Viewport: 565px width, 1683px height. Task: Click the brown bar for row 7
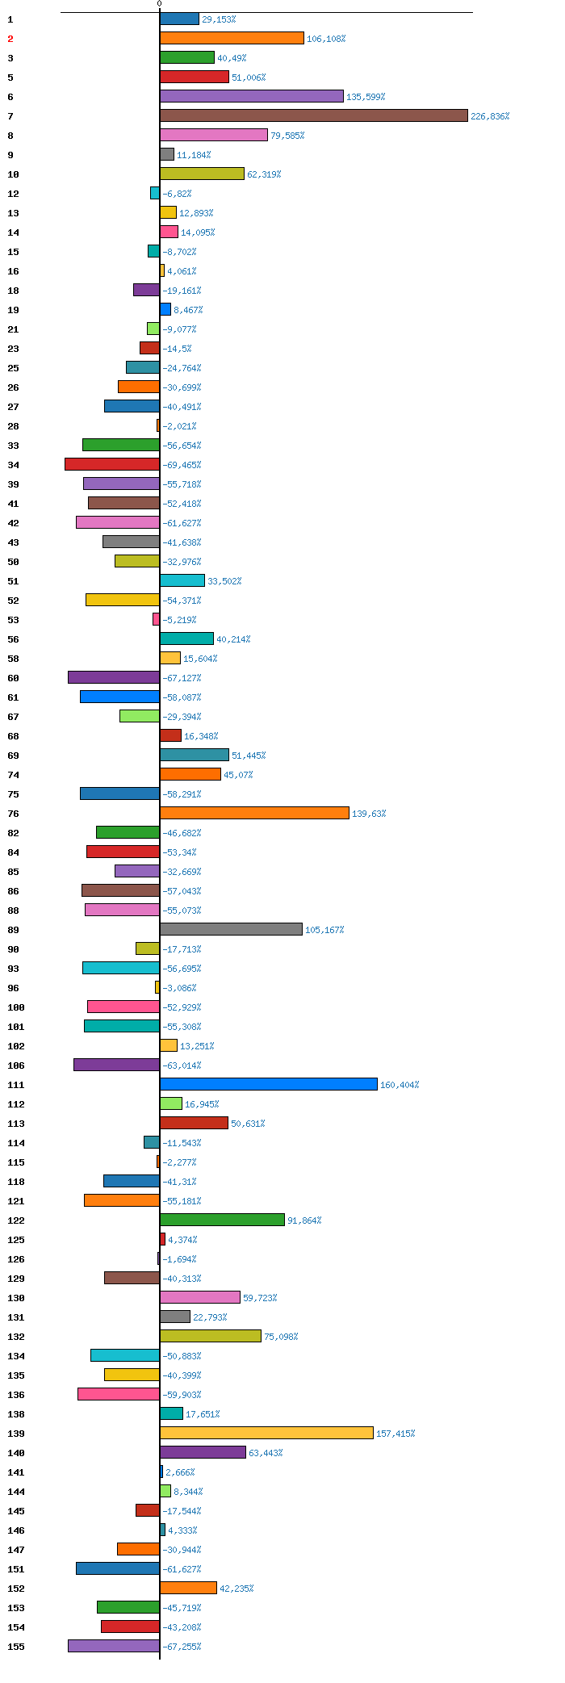[314, 115]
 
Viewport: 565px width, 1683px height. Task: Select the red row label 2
[10, 39]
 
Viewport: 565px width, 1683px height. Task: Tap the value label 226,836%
[490, 116]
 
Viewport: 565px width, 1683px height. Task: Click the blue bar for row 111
[269, 1084]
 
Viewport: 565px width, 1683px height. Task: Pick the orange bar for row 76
[254, 813]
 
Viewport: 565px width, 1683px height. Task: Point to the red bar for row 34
[112, 464]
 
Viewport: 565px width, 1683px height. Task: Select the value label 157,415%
[395, 1434]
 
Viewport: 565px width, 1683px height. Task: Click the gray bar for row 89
[231, 929]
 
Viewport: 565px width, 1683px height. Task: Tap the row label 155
[16, 1647]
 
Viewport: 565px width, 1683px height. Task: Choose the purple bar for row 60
[114, 677]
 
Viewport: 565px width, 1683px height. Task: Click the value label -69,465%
[182, 465]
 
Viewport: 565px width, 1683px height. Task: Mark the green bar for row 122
[222, 1220]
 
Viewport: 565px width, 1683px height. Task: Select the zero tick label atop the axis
[159, 4]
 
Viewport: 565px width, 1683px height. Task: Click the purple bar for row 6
[252, 96]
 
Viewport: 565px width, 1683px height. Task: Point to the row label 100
[16, 1007]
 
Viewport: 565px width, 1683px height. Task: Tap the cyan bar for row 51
[182, 580]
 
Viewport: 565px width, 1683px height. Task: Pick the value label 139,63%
[369, 814]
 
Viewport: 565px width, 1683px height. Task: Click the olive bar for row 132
[211, 1336]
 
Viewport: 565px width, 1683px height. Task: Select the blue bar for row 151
[118, 1568]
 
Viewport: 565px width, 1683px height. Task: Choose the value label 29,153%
[219, 19]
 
